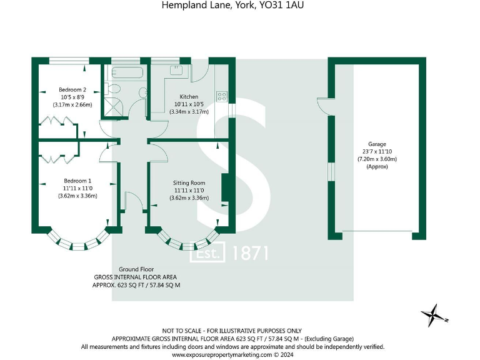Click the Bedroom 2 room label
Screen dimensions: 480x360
72,90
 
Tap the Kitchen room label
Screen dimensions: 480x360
189,97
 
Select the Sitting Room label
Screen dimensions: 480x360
189,183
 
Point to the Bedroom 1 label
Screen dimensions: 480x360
77,181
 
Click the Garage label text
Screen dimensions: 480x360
377,144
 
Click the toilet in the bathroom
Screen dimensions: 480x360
112,89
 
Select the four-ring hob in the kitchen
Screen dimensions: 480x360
222,96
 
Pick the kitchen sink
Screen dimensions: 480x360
176,70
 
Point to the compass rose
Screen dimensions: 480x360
434,316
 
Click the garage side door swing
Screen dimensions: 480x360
322,106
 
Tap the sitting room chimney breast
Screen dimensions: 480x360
225,187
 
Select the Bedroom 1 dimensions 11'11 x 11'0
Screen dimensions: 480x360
77,188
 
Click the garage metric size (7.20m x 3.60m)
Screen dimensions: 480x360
377,159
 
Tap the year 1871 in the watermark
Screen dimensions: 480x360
251,253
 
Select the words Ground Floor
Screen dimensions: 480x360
136,269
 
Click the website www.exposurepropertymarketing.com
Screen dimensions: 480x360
222,355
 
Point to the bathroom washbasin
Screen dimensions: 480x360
143,92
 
